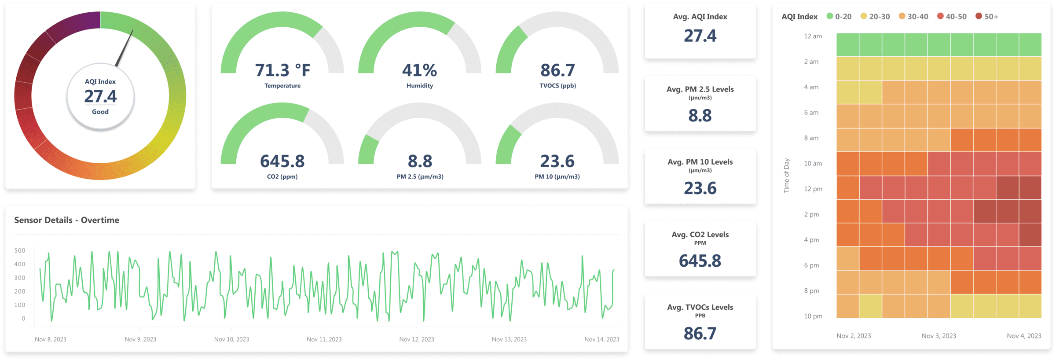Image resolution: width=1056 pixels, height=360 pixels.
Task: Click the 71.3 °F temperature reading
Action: pos(282,70)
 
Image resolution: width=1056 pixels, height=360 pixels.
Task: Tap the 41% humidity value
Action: pos(419,70)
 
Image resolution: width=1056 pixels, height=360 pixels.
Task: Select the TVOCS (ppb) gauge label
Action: pos(557,85)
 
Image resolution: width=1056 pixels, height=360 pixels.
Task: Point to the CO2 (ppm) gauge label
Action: pos(282,176)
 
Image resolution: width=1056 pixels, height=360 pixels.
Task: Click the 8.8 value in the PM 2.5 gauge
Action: pos(420,161)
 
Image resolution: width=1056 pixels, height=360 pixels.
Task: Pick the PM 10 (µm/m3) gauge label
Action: pos(557,176)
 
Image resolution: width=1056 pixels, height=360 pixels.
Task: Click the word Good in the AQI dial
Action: pos(100,112)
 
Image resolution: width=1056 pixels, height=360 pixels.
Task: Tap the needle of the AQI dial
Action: pos(125,48)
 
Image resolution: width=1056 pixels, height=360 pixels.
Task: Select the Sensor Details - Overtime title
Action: pos(66,220)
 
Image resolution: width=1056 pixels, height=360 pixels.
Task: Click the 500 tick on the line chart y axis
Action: pos(20,250)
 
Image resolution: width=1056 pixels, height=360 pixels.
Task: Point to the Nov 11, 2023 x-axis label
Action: pos(324,339)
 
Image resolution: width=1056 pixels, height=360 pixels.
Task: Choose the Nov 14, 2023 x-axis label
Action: pos(601,339)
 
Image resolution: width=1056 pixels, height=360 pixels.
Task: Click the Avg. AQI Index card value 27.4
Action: pos(700,36)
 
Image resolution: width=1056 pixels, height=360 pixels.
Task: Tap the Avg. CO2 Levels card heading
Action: pos(700,235)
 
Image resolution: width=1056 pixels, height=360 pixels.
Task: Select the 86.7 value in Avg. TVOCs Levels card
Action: pos(700,334)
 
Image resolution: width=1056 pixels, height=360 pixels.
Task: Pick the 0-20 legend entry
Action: pos(839,16)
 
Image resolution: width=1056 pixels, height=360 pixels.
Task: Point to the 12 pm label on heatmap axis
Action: pos(813,189)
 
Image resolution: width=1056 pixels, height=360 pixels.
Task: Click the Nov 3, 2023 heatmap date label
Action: pos(939,336)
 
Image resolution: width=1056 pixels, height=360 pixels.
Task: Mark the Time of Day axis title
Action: pos(787,176)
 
